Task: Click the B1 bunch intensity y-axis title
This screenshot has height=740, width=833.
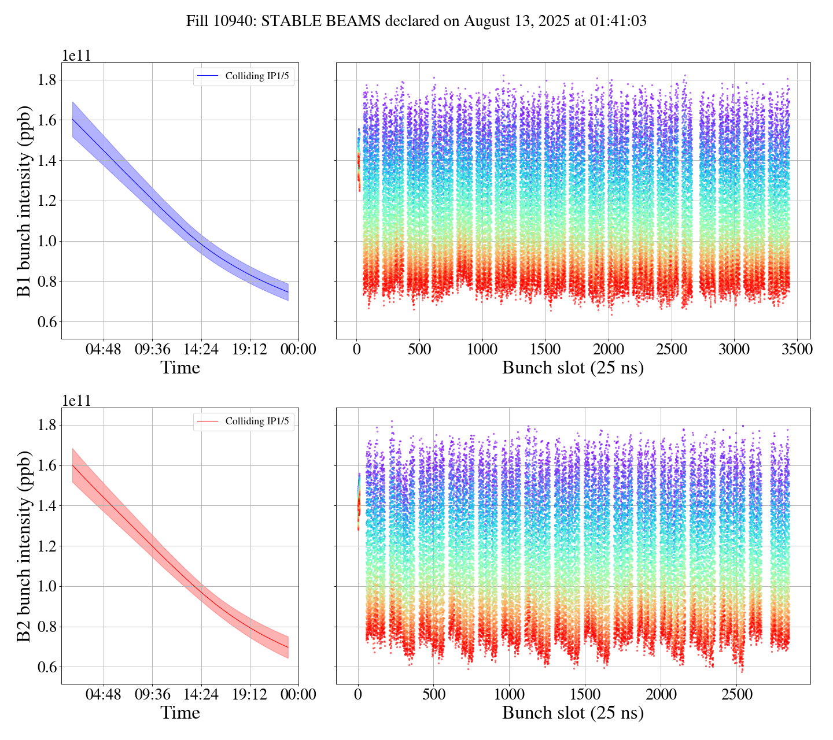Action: pos(24,201)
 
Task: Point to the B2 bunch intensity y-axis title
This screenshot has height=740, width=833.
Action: pos(24,546)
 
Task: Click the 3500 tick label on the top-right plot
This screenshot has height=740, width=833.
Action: pos(797,350)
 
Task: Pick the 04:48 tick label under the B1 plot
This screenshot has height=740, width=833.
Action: pos(104,350)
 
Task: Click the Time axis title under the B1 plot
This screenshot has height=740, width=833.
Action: pos(180,368)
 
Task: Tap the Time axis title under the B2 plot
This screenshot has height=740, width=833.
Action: pos(180,713)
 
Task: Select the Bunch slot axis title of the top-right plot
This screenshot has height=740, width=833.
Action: pos(573,368)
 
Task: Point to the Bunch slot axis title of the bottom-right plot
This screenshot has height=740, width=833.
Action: pos(573,713)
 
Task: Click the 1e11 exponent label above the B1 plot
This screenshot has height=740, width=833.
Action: pos(76,55)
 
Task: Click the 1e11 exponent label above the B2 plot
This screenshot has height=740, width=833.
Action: pos(76,401)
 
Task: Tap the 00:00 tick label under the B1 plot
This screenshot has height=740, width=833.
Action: pos(298,350)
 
